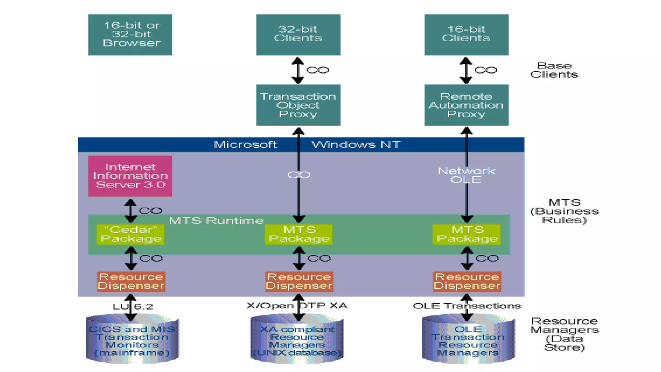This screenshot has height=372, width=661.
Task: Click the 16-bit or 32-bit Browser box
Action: point(130,35)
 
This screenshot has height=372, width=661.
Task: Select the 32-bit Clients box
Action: point(298,35)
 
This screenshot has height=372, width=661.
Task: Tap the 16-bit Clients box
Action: point(466,35)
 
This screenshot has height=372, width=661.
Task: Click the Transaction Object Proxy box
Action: point(298,105)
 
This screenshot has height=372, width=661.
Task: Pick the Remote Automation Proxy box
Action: point(466,105)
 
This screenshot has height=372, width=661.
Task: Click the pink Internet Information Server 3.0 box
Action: point(130,176)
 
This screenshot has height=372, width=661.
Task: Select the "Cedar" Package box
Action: point(130,234)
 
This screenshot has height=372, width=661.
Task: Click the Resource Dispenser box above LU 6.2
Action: point(131,282)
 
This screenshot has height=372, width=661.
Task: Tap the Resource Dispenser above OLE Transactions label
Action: point(467,282)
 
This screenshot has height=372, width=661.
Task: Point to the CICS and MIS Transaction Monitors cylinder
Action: point(132,341)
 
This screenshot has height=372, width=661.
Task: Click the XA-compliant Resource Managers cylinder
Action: point(297,341)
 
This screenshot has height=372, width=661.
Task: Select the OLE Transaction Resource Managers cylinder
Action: point(468,341)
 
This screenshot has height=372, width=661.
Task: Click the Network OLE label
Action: point(466,175)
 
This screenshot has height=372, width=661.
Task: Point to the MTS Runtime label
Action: point(217,221)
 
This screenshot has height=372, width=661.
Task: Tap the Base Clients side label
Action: point(554,70)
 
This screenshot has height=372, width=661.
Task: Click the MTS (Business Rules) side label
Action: point(564,211)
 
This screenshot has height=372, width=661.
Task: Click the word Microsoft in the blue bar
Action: point(245,144)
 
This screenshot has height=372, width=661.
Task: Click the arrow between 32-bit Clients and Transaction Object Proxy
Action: point(298,70)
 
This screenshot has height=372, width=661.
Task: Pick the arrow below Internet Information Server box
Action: point(130,211)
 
